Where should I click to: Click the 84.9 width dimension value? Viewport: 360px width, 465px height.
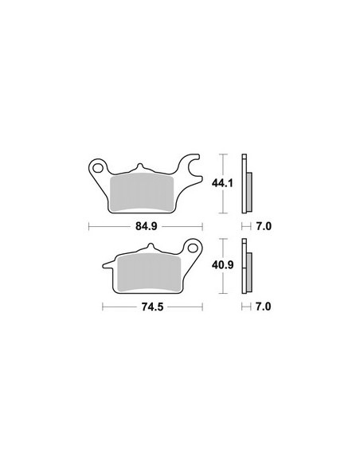(x=147, y=226)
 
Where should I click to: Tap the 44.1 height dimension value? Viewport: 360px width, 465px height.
(x=222, y=183)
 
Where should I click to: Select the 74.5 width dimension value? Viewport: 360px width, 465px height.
(x=152, y=307)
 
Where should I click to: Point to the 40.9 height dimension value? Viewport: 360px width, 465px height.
(x=222, y=265)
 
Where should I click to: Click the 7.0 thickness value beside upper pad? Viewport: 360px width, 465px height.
(x=264, y=226)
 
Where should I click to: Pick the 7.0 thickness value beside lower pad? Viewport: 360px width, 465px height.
(x=264, y=307)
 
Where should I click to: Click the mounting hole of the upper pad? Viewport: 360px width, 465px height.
(x=97, y=168)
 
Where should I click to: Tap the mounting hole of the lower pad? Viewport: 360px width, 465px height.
(x=193, y=248)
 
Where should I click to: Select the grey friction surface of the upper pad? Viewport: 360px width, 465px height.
(x=142, y=193)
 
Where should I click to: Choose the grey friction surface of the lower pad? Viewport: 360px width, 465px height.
(x=149, y=273)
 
